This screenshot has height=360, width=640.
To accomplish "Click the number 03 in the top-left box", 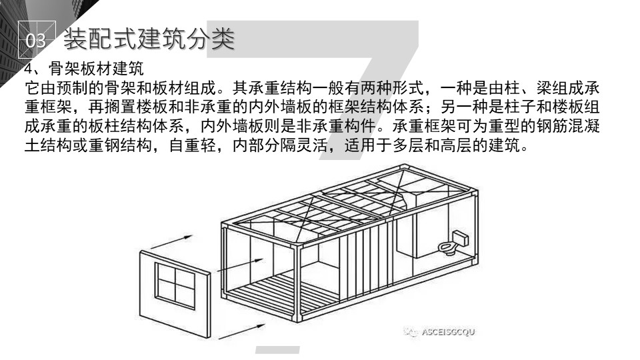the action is [x=35, y=41].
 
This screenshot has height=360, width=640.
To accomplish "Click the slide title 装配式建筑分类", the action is [x=149, y=39].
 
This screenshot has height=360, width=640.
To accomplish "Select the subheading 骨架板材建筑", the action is [x=96, y=69].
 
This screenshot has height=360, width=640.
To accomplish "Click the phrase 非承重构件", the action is [x=336, y=126].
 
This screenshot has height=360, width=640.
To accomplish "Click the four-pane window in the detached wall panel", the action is [x=175, y=285].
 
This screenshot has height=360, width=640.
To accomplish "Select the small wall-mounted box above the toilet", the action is [x=460, y=237].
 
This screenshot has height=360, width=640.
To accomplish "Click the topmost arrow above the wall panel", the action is [x=171, y=241].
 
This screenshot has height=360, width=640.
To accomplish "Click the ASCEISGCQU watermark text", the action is [x=448, y=332].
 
